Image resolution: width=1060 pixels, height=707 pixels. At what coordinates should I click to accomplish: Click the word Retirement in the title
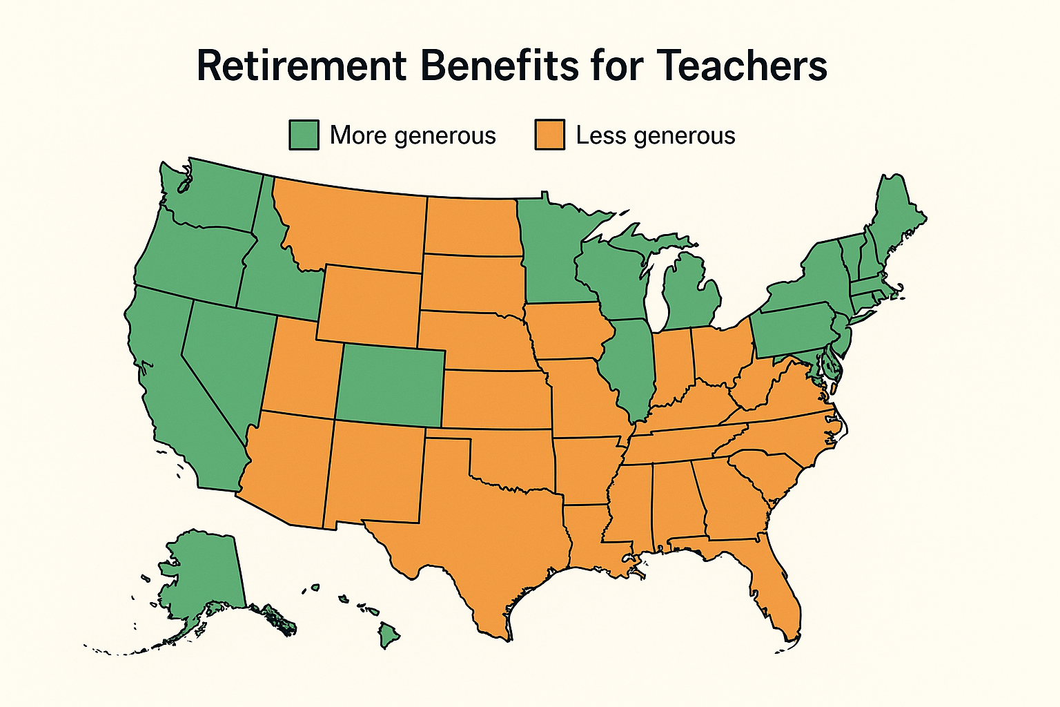302,66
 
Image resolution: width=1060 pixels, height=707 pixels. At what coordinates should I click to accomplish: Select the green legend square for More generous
304,135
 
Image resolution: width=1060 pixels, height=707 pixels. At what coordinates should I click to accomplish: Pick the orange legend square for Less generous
549,135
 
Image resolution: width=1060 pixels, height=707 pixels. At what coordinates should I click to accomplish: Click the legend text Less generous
655,135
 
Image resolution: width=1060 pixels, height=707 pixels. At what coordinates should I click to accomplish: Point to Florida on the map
776,587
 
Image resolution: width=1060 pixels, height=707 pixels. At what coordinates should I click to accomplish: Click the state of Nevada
228,359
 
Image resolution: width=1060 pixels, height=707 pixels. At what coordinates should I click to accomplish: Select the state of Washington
214,193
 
